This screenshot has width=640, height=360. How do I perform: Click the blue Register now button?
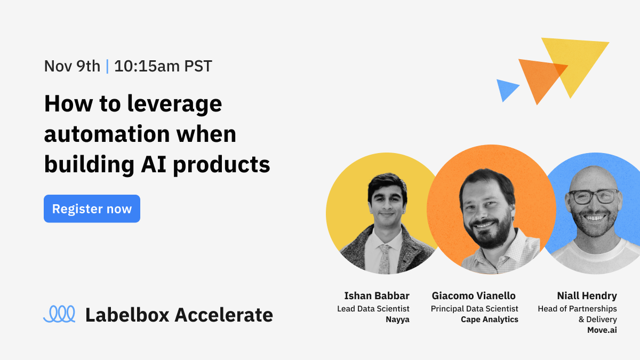point(92,209)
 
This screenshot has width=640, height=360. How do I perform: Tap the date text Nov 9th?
point(72,66)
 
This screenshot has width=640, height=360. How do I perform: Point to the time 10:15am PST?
point(163,66)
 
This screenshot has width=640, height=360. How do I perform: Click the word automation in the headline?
point(109,134)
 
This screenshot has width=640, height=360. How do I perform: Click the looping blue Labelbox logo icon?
point(59,314)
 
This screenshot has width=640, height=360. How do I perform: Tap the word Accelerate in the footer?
point(224,315)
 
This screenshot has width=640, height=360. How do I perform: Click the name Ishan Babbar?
point(377,295)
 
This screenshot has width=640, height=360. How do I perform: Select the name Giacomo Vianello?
point(474,295)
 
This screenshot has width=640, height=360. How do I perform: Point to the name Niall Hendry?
point(587,295)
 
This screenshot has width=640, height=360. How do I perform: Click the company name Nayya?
point(397,319)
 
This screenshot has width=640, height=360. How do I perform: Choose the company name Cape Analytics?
point(490,319)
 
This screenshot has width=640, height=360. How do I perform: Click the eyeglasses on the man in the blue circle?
point(593,196)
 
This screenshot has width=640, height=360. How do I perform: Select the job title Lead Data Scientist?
point(373,309)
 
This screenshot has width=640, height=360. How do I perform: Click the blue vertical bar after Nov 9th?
point(107,66)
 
